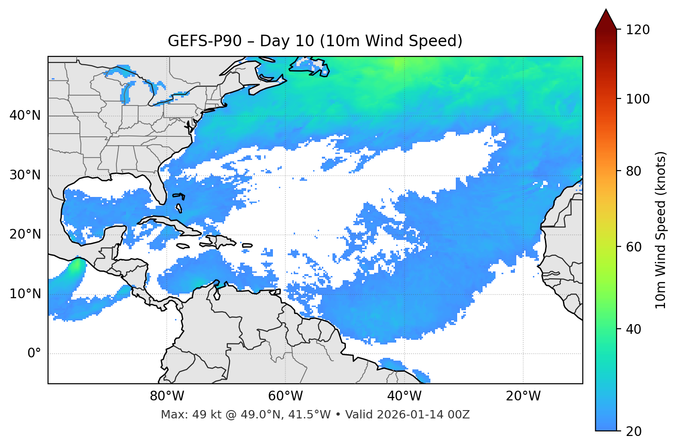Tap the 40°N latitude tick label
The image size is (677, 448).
(x=25, y=116)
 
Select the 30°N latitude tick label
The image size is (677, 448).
(x=25, y=175)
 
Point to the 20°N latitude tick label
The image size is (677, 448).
(x=25, y=234)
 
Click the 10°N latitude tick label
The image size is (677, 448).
(x=25, y=294)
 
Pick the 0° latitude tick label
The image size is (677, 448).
(x=34, y=354)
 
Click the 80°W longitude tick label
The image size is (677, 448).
(x=167, y=396)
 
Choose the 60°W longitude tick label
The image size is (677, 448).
(x=285, y=396)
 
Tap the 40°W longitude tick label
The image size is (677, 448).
(x=404, y=396)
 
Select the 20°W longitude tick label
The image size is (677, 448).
(x=523, y=396)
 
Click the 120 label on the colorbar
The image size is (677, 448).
(x=638, y=30)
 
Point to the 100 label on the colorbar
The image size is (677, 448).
(x=638, y=99)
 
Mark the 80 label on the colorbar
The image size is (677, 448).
(x=635, y=171)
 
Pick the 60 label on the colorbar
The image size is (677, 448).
(x=635, y=247)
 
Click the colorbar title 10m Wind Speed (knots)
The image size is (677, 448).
(x=661, y=230)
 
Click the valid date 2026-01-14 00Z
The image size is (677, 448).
(x=423, y=415)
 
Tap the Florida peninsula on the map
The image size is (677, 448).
(x=158, y=187)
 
